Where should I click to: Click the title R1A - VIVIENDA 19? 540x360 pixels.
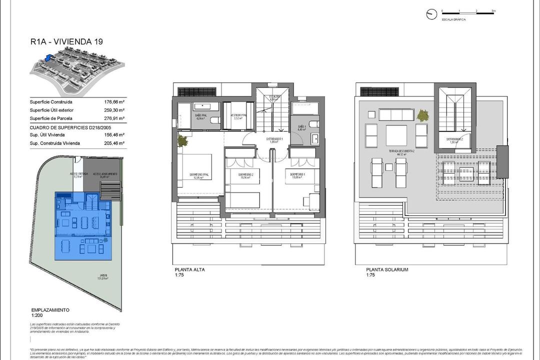pos(66,42)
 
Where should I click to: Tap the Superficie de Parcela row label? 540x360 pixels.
pos(51,118)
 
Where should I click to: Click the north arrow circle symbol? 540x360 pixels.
pos(431,14)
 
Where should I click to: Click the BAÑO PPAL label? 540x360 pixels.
pos(200,117)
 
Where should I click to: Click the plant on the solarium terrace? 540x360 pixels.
pos(423,115)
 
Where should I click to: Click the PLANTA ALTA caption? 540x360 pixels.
pos(189,269)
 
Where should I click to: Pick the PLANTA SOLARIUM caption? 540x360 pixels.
pos(386,269)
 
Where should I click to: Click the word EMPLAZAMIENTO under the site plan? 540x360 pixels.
pos(50,310)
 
